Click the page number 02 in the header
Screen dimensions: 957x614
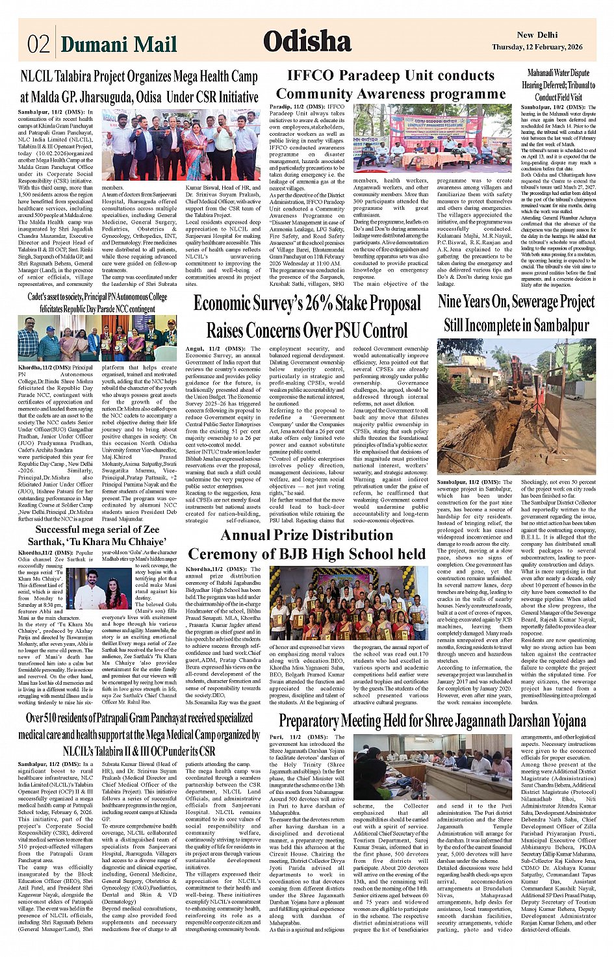38,44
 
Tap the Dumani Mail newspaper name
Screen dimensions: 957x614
118,44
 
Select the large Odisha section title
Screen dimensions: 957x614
307,42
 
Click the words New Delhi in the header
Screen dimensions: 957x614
537,35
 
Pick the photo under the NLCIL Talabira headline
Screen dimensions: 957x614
181,145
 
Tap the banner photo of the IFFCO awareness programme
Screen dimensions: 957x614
432,139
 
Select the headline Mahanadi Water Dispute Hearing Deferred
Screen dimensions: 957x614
558,85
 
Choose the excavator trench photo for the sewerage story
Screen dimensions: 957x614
517,407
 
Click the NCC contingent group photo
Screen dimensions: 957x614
97,338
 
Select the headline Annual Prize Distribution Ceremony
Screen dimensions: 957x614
307,544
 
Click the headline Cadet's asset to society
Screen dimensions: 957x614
97,303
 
